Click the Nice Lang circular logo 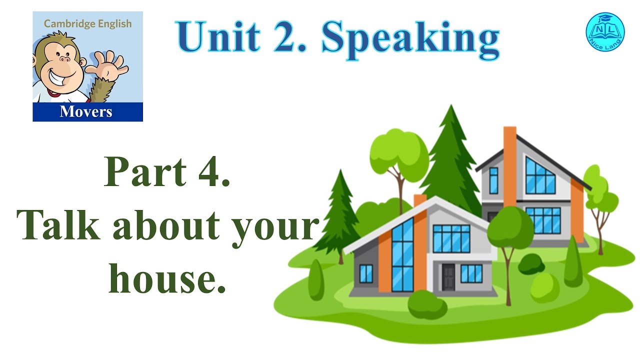tap(605, 31)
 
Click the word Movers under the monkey tap(86, 111)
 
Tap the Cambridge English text tap(88, 23)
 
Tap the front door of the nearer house tap(448, 276)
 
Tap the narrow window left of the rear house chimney tap(493, 180)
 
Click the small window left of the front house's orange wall tap(366, 274)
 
